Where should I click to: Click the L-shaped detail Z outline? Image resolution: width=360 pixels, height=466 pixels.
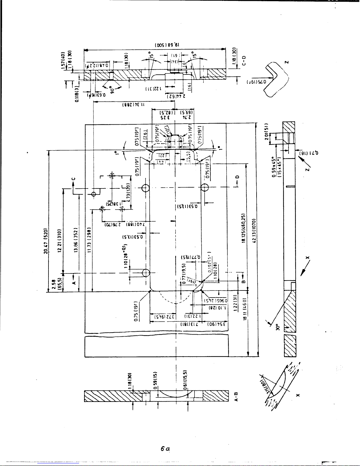(278, 79)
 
